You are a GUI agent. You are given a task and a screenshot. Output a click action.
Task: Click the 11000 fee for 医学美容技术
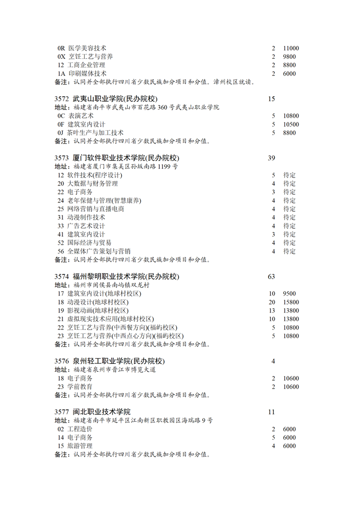291,48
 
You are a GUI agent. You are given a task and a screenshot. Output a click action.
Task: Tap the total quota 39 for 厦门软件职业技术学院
272,158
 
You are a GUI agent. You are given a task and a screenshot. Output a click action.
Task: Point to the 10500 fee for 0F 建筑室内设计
291,124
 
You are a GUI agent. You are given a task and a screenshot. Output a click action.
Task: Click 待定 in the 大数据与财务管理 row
290,184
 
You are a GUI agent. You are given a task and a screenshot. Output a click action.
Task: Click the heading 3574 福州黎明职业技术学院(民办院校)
117,277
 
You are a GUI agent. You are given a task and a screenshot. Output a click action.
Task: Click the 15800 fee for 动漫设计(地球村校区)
291,302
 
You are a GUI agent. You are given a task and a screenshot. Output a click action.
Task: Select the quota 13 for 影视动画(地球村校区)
272,311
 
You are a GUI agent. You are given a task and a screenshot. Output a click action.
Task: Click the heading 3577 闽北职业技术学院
92,412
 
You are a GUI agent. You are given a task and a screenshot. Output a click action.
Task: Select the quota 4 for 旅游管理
274,447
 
